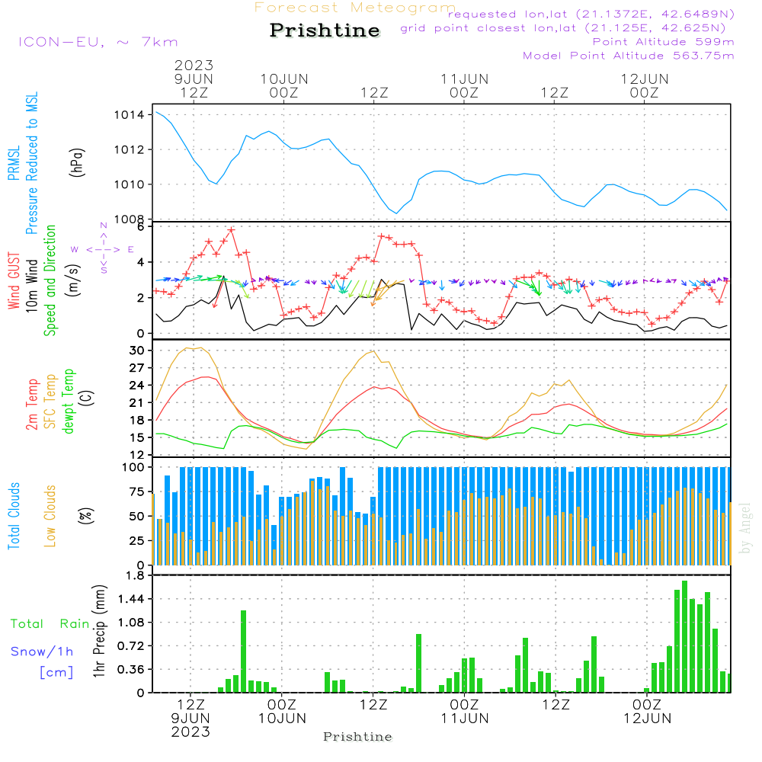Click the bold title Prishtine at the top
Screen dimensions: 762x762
coord(325,30)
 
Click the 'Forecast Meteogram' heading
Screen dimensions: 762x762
coord(355,8)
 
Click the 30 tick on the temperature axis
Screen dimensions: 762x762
coord(137,351)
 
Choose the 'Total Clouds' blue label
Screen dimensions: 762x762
coord(14,516)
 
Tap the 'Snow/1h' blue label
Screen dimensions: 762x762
coord(43,652)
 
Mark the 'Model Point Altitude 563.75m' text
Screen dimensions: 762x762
coord(629,56)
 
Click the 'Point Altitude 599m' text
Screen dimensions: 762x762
coord(663,42)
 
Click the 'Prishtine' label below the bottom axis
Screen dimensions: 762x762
coord(357,737)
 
